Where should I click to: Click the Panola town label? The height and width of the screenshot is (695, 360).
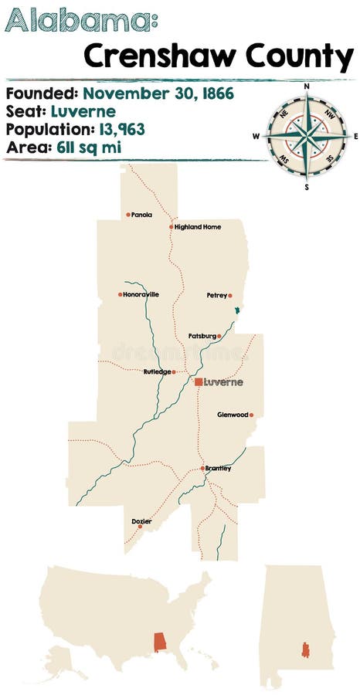[142, 215]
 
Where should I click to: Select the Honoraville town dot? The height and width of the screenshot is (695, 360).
[120, 294]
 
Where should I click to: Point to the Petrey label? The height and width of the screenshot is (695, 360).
[216, 295]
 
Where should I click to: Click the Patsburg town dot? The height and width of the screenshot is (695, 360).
[219, 336]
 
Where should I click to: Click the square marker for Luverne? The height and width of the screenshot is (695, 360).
[199, 381]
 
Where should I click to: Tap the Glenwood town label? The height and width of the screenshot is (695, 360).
[233, 414]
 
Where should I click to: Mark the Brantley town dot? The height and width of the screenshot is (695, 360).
[202, 468]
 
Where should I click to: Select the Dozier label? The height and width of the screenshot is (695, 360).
[143, 521]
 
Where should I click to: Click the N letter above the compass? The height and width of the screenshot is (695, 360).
[307, 87]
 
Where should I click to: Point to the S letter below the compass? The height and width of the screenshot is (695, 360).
[307, 186]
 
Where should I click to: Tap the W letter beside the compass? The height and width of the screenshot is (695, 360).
[256, 137]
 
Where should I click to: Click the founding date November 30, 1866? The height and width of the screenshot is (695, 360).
[158, 94]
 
